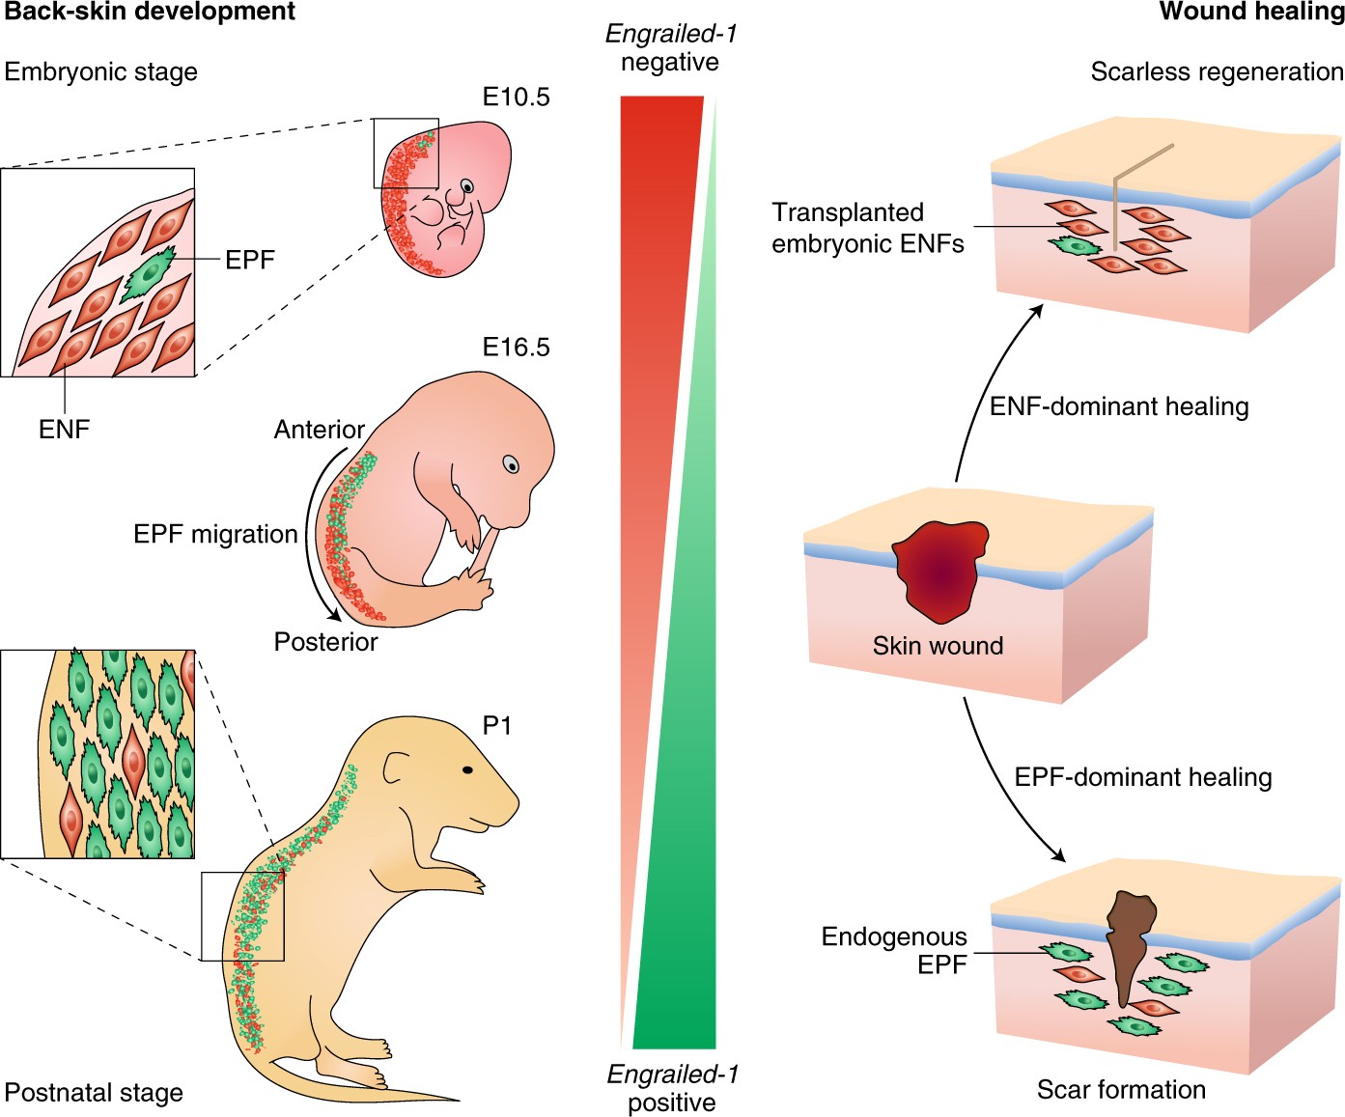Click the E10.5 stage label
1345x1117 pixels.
click(516, 97)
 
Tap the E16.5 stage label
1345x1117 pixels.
click(516, 348)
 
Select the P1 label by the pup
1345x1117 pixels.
click(496, 726)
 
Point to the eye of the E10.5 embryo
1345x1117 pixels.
click(467, 186)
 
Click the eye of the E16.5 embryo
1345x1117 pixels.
click(511, 465)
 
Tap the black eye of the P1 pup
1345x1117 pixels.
click(467, 770)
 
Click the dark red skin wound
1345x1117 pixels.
click(939, 569)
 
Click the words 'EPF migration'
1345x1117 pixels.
click(215, 535)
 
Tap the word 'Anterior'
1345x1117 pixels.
click(319, 430)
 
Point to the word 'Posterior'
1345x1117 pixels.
click(325, 642)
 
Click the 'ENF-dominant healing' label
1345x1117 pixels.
click(1119, 406)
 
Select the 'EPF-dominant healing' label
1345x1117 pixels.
click(1142, 777)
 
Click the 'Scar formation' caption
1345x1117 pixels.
click(1121, 1090)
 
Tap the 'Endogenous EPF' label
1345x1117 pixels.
click(894, 950)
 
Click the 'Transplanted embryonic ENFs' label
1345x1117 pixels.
click(867, 228)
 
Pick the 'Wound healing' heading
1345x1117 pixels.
click(1251, 12)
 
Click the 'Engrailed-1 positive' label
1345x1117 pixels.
click(672, 1088)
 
